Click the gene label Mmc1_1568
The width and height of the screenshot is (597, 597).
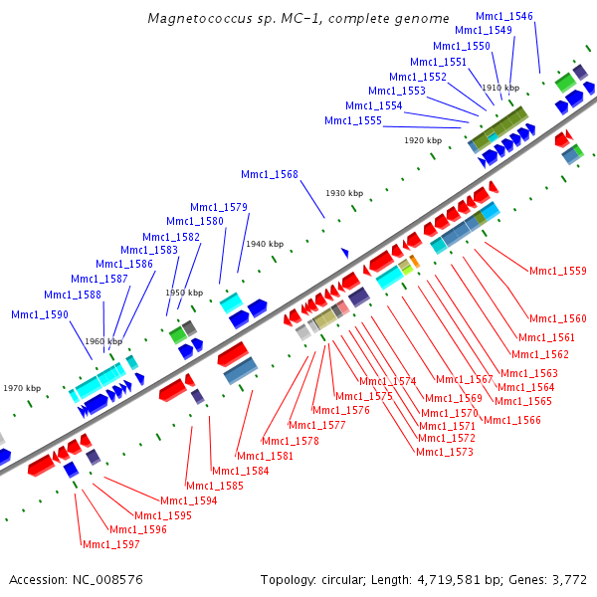pos(269,175)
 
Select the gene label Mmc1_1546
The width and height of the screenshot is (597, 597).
pos(503,17)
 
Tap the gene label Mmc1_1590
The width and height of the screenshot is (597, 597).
pos(40,314)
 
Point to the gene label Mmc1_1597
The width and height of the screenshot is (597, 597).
pos(110,544)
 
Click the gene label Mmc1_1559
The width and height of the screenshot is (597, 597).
pos(557,271)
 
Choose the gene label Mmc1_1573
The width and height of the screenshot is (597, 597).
pos(444,452)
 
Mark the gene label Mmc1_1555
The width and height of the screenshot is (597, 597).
pos(352,121)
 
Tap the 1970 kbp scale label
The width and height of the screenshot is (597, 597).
pos(22,388)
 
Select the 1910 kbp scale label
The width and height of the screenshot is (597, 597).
pos(500,88)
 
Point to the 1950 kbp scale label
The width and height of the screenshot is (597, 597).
pos(183,294)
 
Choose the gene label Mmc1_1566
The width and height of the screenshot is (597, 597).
pos(511,420)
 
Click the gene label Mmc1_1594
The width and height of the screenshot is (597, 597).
pos(188,500)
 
